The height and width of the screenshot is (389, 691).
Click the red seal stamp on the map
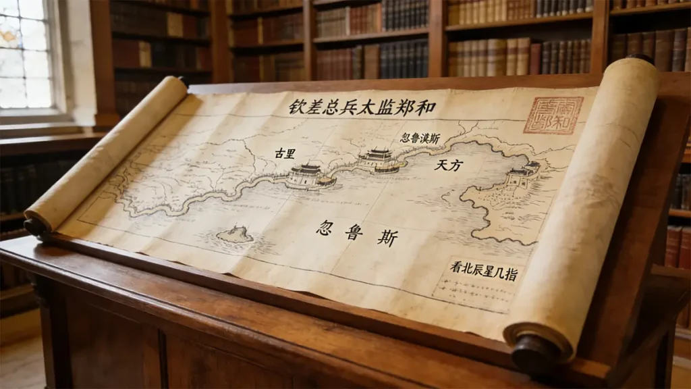(x=553, y=115)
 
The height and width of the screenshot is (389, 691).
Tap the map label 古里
(x=285, y=153)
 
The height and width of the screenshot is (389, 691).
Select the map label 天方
(x=448, y=164)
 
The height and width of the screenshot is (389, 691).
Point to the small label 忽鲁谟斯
(x=420, y=138)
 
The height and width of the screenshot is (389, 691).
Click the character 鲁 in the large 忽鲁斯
(x=354, y=233)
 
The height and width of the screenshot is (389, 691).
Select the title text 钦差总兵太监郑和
(x=362, y=107)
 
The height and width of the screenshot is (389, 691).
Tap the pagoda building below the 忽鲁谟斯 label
(x=379, y=161)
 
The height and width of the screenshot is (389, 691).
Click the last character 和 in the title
(x=427, y=107)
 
